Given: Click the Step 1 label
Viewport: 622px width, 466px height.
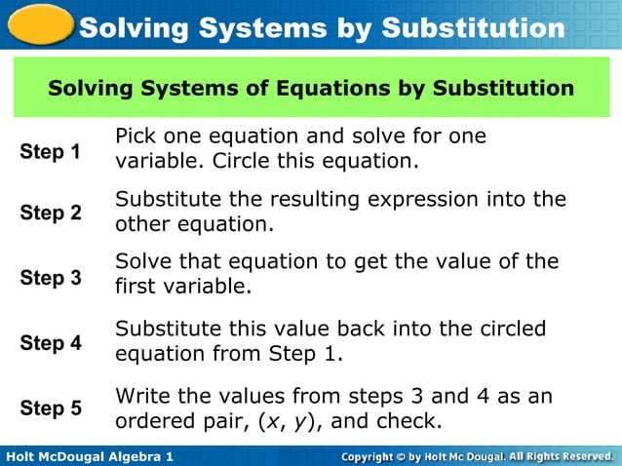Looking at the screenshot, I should [51, 152].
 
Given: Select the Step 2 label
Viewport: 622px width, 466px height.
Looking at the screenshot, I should [51, 213].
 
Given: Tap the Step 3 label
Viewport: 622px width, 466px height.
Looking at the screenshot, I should [51, 278].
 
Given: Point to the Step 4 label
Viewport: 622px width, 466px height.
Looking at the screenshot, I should [51, 343].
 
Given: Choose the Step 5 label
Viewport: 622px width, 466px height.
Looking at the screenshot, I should [51, 408].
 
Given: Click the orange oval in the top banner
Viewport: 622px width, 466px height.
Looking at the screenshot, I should [37, 23].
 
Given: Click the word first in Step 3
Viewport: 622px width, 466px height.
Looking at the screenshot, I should [136, 287].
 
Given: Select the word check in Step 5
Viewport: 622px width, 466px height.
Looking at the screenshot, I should [410, 422].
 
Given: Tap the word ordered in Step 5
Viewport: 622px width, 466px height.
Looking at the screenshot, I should [153, 422].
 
